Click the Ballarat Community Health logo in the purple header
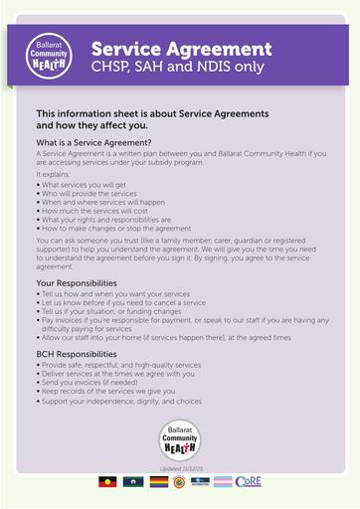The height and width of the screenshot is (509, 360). [49, 55]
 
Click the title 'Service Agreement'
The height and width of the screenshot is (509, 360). [181, 48]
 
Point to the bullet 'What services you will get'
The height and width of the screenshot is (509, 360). [81, 184]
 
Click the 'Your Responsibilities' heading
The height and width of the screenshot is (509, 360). [85, 282]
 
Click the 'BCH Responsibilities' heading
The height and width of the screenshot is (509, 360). [83, 354]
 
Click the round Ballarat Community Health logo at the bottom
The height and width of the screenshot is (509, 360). [180, 438]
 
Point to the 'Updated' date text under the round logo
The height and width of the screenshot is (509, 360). [181, 467]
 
